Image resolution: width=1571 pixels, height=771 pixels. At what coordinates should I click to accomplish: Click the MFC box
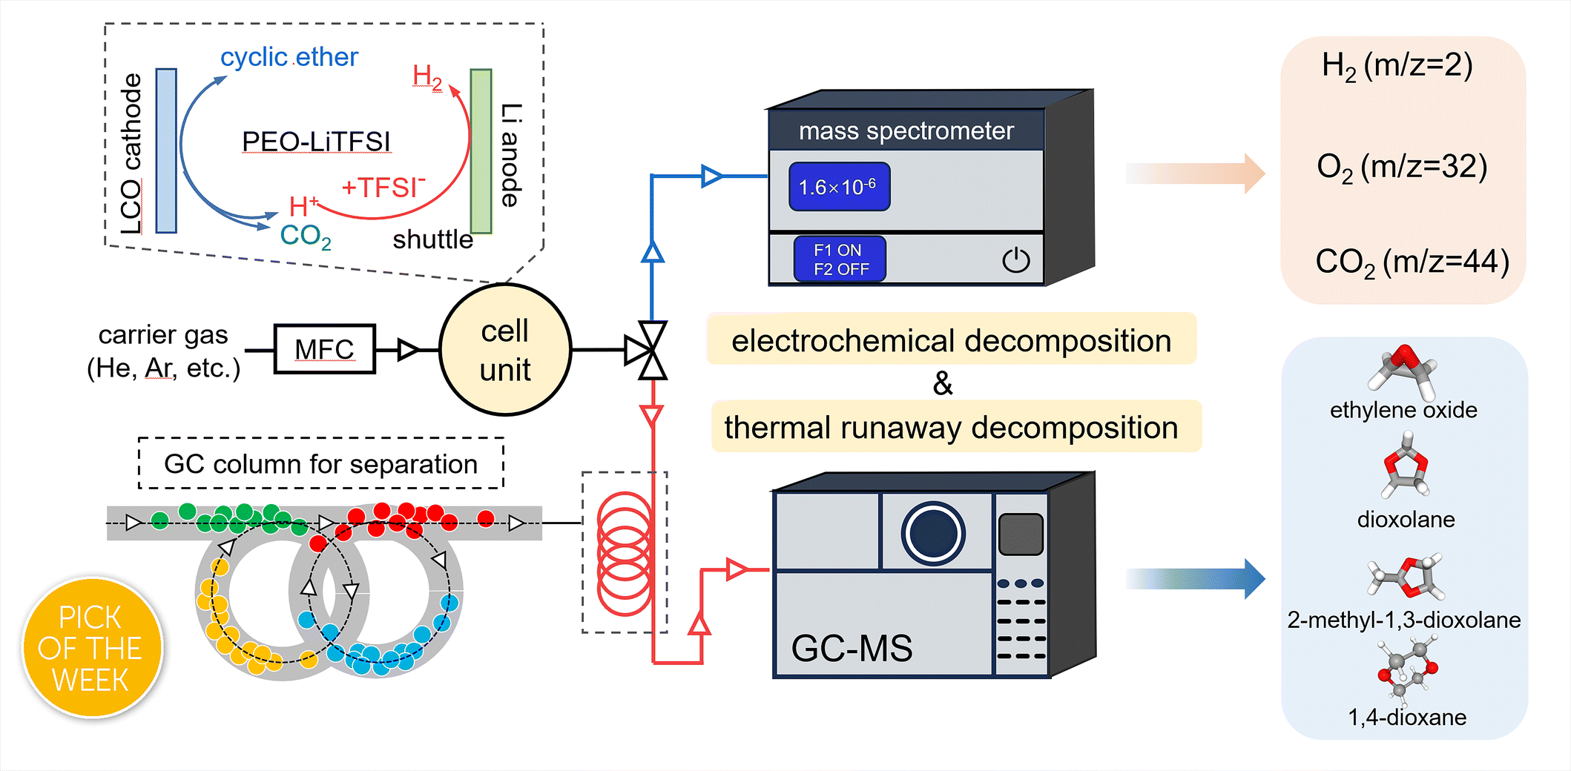coord(324,348)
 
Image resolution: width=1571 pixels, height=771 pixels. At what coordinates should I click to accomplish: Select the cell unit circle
coord(505,350)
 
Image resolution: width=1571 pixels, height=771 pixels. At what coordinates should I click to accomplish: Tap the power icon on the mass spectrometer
coord(1015,259)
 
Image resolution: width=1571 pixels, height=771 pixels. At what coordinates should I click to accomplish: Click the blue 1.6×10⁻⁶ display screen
coord(839,187)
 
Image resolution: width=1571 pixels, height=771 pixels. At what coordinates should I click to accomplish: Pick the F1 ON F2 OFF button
coord(840,259)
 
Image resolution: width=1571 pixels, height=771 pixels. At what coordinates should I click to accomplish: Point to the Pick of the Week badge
coord(91,649)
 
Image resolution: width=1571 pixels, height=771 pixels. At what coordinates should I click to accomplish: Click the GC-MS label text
coord(852,649)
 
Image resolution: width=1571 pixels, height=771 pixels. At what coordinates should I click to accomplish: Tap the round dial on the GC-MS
coord(932,533)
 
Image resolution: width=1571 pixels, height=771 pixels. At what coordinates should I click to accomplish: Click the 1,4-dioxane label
coord(1406,717)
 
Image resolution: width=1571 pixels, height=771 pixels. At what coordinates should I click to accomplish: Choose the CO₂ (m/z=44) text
coord(1412,262)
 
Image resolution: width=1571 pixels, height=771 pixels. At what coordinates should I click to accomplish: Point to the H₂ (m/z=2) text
coord(1397,66)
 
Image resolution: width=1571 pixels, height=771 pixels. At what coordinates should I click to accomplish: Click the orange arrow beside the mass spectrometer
coord(1194,173)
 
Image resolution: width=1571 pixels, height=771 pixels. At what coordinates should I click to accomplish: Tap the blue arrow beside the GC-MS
coord(1194,578)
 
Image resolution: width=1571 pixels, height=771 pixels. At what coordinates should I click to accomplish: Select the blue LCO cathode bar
coord(166,150)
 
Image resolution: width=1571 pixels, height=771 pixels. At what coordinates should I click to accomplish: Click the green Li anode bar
coord(481,151)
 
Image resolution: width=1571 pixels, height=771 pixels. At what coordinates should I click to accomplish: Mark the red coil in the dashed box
coord(625,553)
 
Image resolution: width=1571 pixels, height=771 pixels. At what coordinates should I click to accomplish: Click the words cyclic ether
coord(289,57)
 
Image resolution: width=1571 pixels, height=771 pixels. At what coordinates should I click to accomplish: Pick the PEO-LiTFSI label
coord(316,142)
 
